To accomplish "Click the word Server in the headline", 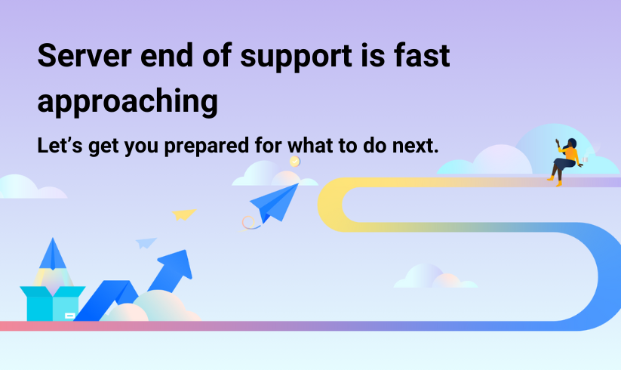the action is click(85, 55).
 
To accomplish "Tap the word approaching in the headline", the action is click(128, 102).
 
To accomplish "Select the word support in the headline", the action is click(296, 58).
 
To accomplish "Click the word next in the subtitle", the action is click(415, 146).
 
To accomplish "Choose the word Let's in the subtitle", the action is click(60, 145).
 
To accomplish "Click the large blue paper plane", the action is click(275, 203).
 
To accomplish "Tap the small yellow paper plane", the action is click(184, 214).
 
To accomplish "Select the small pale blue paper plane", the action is click(146, 243).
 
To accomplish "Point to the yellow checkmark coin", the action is click(295, 162).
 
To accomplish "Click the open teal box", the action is click(53, 303).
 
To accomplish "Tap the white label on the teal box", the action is click(69, 316).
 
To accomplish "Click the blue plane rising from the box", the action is click(53, 254).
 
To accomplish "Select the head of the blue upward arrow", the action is click(176, 264).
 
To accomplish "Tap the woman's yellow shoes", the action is click(555, 181).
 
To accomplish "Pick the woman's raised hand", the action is click(558, 141).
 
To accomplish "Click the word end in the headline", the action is click(167, 55).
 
